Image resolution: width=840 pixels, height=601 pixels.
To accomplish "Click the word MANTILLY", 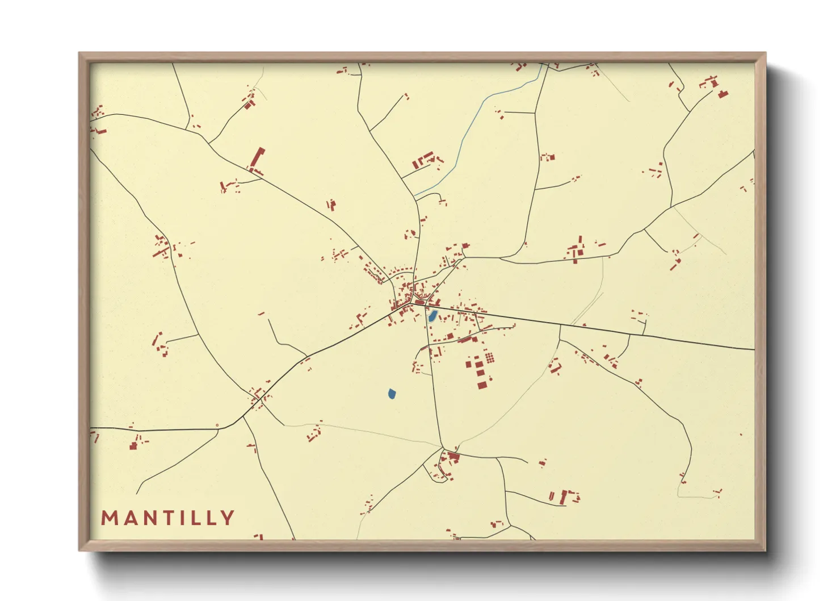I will tap(168, 518).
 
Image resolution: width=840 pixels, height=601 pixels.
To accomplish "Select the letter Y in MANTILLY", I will tap(228, 518).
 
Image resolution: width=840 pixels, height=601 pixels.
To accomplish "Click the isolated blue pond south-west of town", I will tap(392, 393).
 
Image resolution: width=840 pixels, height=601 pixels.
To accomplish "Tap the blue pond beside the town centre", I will tap(432, 316).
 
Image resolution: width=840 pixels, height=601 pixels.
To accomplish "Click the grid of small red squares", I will tap(489, 357).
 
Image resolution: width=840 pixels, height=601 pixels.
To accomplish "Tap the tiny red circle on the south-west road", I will tap(217, 425).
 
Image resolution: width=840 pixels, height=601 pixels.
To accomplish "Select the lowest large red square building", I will tap(482, 385).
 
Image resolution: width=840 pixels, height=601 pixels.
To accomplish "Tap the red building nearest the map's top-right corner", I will tap(722, 94).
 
